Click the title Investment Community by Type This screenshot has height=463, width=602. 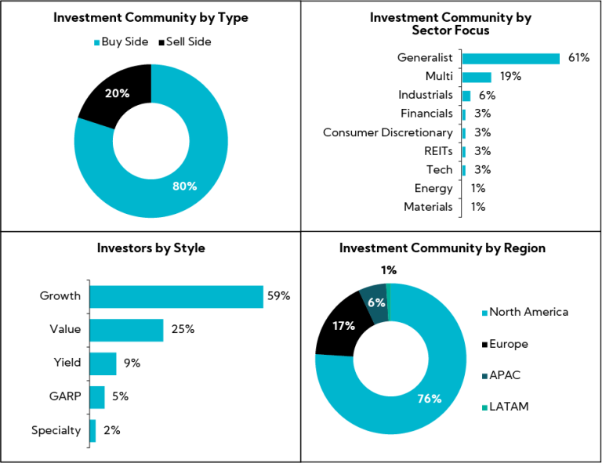150,18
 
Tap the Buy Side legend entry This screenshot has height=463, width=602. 121,42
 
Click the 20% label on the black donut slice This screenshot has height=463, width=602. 118,93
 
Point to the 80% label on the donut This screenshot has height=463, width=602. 184,186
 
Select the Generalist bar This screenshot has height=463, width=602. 510,58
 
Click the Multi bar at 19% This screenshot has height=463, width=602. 477,77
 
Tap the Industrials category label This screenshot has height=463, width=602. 425,96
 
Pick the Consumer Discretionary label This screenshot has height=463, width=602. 387,132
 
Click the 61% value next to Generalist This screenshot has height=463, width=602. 578,58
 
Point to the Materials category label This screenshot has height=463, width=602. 428,207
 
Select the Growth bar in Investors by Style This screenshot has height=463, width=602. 176,296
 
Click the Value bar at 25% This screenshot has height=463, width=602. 126,330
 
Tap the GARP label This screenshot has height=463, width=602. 64,397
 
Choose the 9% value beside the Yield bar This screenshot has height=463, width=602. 132,364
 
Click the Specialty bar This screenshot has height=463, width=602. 92,431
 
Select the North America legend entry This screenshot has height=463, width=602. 528,312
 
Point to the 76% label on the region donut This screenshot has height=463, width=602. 429,399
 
